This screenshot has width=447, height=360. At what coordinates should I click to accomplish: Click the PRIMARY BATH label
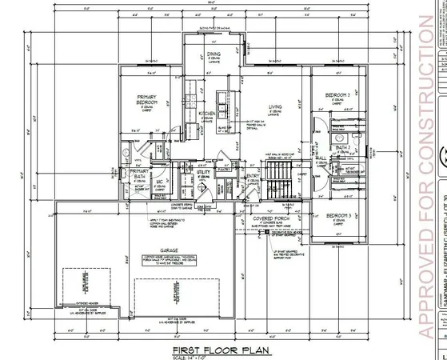140,174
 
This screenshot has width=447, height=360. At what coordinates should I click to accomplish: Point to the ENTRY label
253,177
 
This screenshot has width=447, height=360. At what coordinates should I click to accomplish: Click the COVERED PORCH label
276,217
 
